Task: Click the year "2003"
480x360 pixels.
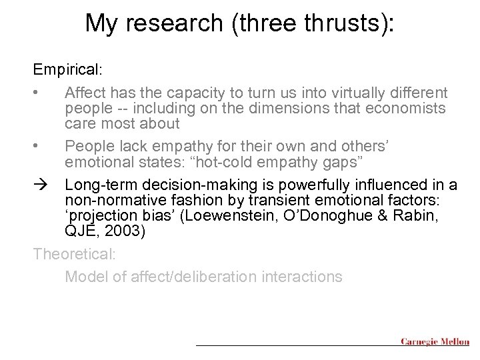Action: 125,231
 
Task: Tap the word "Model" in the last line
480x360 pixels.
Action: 85,276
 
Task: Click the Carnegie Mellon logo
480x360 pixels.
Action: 435,342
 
